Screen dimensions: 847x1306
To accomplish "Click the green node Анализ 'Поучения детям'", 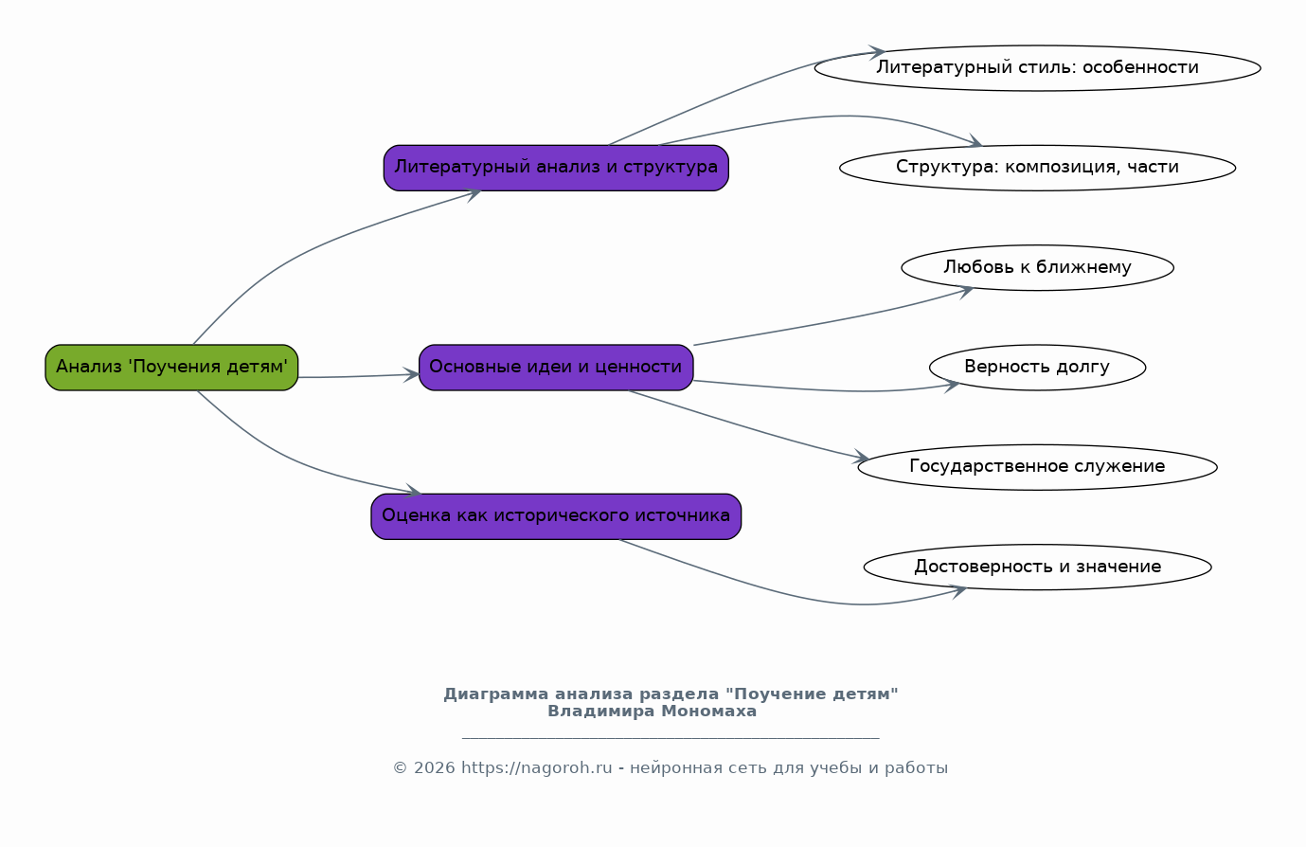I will pos(171,368).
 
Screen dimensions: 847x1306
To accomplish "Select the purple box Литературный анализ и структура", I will pos(556,168).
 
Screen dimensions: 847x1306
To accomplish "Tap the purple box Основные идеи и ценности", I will pos(556,368).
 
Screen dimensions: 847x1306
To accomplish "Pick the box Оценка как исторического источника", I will pos(556,516).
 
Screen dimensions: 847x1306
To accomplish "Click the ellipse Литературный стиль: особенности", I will pos(1037,68).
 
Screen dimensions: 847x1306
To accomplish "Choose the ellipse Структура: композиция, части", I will pos(1037,168).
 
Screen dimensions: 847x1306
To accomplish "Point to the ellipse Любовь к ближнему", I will pos(1037,268).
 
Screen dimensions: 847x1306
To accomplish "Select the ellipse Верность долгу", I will pos(1037,368).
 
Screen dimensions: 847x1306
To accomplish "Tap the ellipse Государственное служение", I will pos(1037,467).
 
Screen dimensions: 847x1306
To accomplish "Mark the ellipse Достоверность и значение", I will pos(1037,568).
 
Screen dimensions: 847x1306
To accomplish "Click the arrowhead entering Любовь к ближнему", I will pos(967,290).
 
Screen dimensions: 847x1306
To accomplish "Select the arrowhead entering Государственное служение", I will pos(863,459).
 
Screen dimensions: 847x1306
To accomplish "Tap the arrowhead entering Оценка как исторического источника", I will pos(415,493).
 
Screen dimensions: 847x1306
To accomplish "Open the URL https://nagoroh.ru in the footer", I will pos(536,768).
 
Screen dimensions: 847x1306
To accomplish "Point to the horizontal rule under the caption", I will pos(671,737).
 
